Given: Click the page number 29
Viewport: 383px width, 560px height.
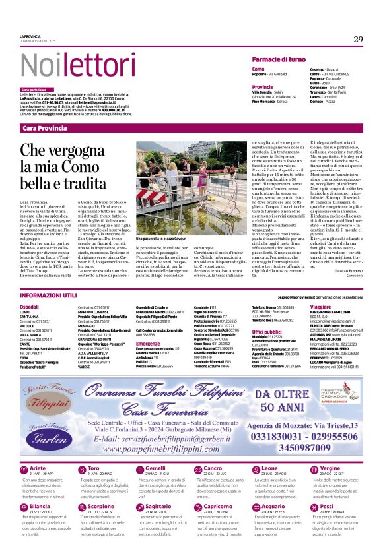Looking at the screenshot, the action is [358, 40].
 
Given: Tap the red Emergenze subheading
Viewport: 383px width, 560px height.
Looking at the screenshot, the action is [149, 344].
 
